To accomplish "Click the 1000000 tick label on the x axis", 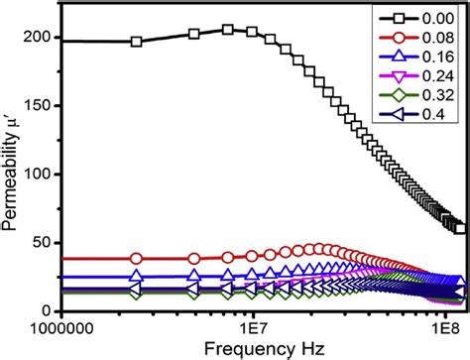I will point(61,327).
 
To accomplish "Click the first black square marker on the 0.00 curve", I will point(137,42).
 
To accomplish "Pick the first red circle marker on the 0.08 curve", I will point(137,258).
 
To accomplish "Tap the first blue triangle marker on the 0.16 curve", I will point(137,277).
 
